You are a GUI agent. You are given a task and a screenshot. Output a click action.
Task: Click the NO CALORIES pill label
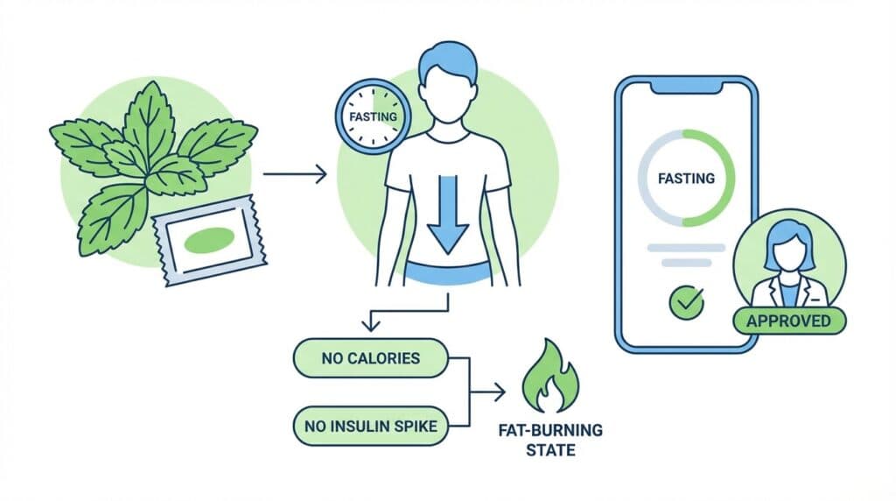coord(370,358)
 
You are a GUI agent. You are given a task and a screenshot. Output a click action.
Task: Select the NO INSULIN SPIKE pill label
coord(370,426)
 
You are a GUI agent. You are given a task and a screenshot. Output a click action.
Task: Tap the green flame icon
coord(549,377)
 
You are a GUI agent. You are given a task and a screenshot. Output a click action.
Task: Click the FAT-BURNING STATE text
coord(550,439)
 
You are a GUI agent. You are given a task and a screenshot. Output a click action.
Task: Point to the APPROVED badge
coord(788,321)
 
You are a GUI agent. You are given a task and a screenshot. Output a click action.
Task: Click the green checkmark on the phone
coord(686,302)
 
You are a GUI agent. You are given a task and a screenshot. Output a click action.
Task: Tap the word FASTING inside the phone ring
coord(686,179)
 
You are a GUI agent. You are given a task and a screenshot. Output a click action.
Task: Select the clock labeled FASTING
coord(373,117)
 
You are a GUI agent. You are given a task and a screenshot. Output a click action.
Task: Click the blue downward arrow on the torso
coord(448,215)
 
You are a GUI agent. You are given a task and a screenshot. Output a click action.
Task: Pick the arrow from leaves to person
coord(295,174)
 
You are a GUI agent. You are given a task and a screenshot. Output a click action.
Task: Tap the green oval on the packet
coord(208,240)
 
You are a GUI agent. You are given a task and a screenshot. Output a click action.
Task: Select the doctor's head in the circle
coord(789,246)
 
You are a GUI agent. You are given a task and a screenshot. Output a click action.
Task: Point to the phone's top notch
coord(686,85)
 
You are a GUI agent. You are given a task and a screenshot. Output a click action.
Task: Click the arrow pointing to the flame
coord(487,392)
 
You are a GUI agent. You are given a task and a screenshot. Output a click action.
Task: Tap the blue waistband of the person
coord(448,272)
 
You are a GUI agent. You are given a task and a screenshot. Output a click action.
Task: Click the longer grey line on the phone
coord(686,248)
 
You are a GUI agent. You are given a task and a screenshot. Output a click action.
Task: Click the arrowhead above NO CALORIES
coord(371,325)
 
